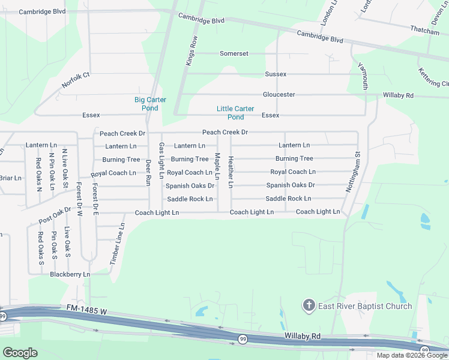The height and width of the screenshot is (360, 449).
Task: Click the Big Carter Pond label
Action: tap(149, 104)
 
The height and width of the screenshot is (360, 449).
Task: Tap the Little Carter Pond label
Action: tap(235, 113)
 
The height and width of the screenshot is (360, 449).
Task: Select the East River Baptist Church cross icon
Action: tap(309, 306)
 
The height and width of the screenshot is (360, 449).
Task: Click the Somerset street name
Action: tap(234, 53)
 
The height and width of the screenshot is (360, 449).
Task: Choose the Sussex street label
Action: tap(276, 74)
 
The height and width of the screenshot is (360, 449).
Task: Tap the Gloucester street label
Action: tap(279, 94)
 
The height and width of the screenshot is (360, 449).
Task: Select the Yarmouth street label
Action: tap(363, 76)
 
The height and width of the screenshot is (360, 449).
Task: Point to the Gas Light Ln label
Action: tap(161, 161)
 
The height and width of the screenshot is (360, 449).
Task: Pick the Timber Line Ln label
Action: tap(117, 244)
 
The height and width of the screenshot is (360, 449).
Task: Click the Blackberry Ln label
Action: tap(70, 274)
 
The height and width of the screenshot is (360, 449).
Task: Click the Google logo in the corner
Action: tap(20, 352)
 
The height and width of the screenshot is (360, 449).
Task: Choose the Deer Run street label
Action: tap(148, 169)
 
